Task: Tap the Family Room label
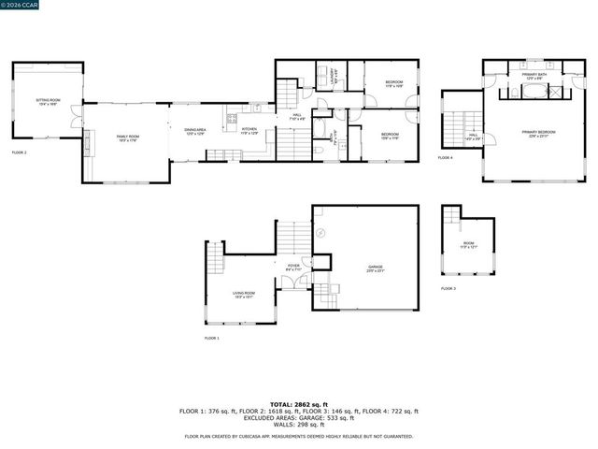coord(127,138)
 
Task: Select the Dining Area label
coord(195,132)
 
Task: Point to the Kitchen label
coord(249,132)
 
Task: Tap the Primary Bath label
coord(534,76)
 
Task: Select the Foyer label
coord(294,268)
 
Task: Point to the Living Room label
coord(244,295)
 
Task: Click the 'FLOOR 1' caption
coord(212,338)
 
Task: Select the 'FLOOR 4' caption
coord(446,158)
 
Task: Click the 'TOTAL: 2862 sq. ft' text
coord(299,404)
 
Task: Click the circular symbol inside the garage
coord(320,232)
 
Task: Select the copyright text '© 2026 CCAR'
coord(21,6)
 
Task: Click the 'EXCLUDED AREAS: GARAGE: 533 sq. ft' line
coord(299,417)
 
